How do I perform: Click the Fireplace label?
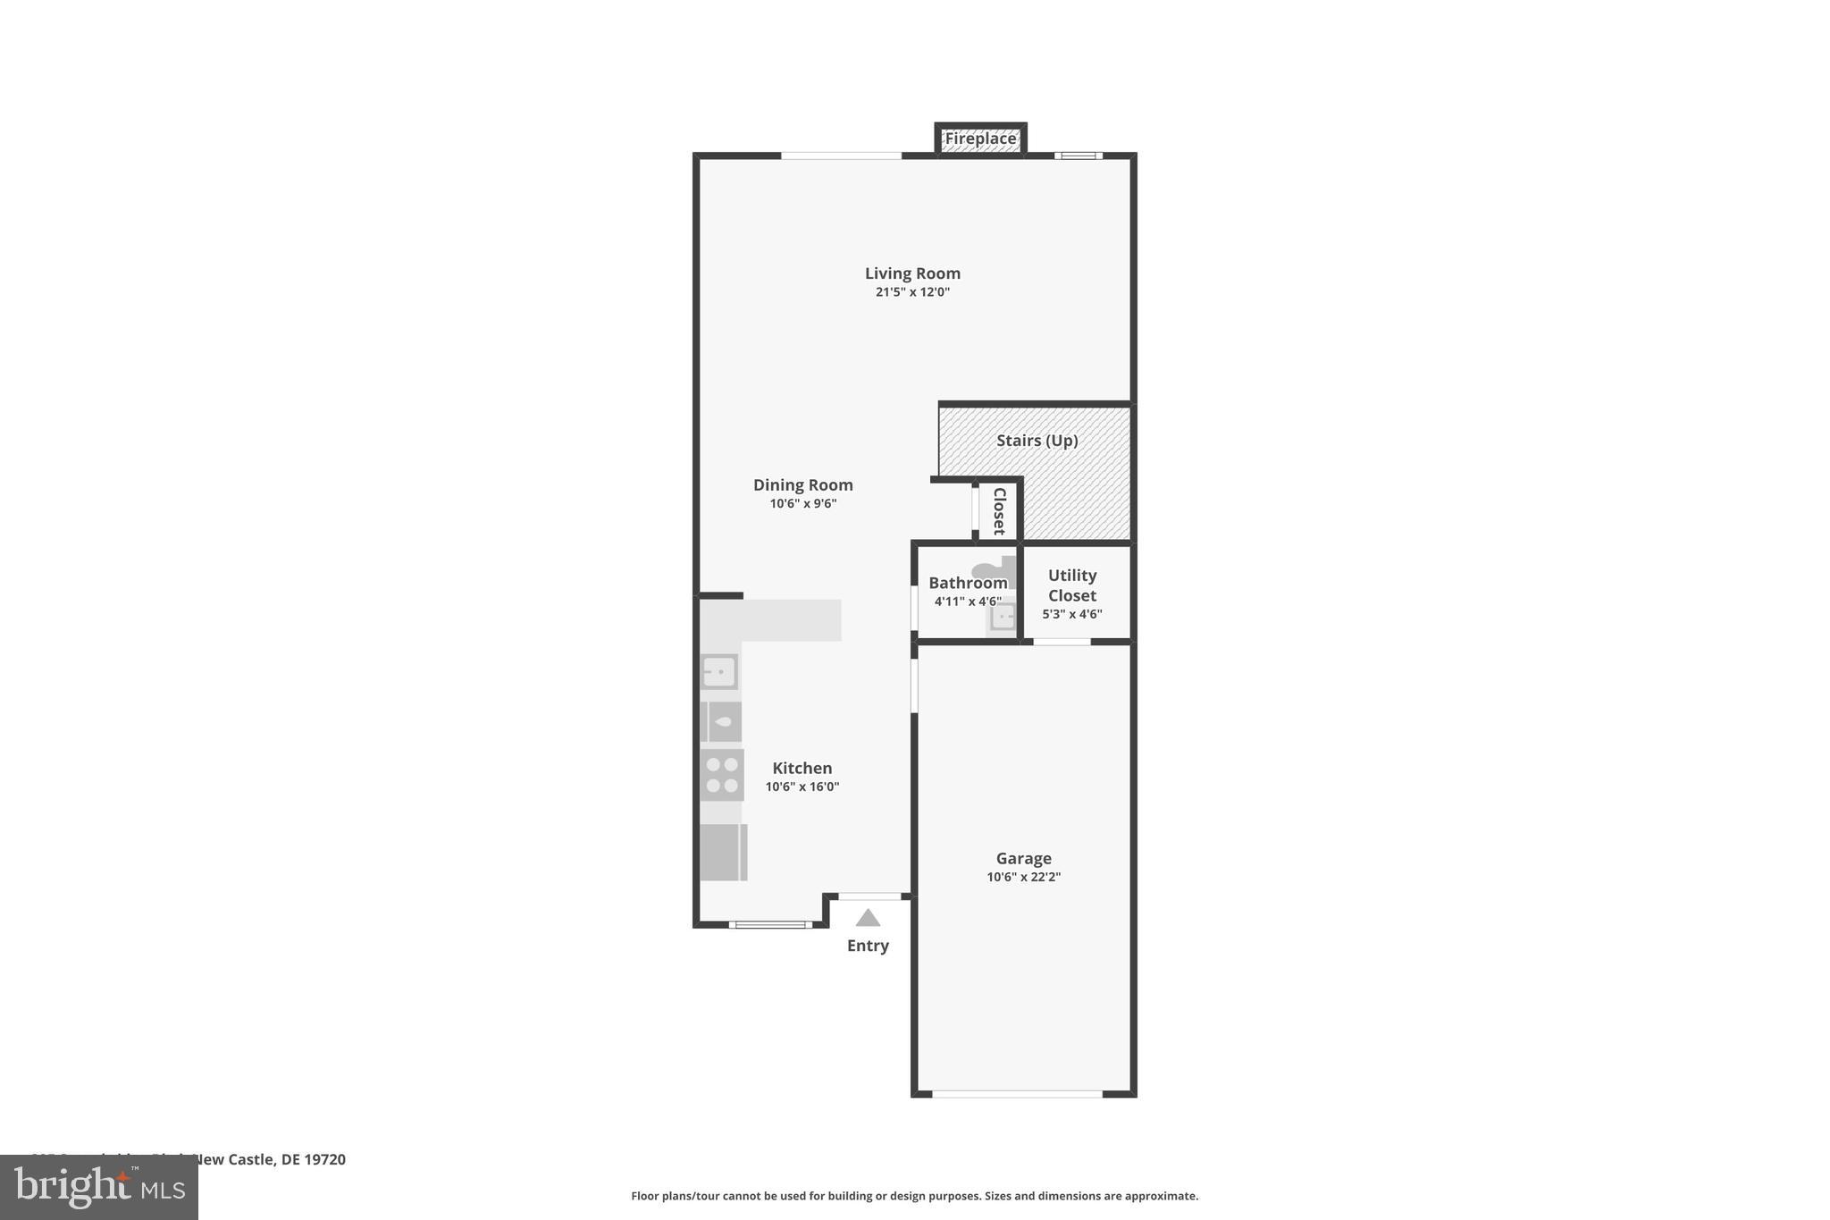[x=980, y=139]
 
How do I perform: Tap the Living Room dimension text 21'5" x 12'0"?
[x=912, y=292]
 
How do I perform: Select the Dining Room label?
[x=802, y=484]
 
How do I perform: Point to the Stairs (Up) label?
[x=1037, y=441]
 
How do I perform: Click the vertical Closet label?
[x=999, y=510]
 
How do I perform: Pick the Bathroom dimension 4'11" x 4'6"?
[x=967, y=602]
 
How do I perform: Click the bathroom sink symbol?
[x=1003, y=617]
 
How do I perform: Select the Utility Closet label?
[x=1071, y=585]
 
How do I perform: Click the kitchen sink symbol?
[x=719, y=671]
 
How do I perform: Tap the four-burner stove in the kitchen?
[x=722, y=775]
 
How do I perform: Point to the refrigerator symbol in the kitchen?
[x=723, y=852]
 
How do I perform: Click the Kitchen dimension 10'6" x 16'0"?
[x=802, y=787]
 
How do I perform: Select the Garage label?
[x=1023, y=858]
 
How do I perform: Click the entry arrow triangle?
[x=868, y=918]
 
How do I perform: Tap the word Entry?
[x=868, y=946]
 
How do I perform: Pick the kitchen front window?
[x=769, y=924]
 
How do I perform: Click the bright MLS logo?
[x=99, y=1187]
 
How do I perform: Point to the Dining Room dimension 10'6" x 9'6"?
[x=802, y=504]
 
